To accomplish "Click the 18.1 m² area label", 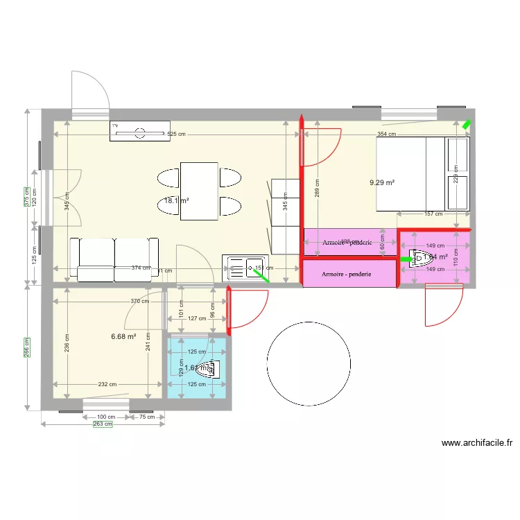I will pos(177,201).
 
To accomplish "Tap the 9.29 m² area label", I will pos(382,182).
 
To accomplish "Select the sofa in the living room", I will pos(115,259).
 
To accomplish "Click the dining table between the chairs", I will pos(199,191).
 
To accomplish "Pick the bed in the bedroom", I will pos(422,173).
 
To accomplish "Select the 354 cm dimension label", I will pos(387,134).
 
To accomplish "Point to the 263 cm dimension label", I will pos(103,424).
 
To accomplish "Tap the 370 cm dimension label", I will pos(140,301).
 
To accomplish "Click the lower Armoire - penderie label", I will pos(347,275).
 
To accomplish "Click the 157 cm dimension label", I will pos(434,214).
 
